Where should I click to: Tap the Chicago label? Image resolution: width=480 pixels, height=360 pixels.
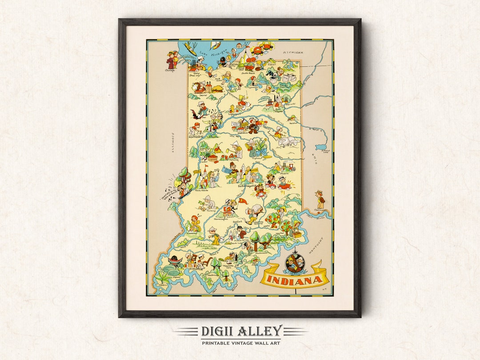pyautogui.click(x=170, y=70)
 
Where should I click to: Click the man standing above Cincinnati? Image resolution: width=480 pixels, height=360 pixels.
pyautogui.click(x=319, y=198)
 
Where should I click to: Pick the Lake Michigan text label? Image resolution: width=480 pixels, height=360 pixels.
pyautogui.click(x=210, y=54)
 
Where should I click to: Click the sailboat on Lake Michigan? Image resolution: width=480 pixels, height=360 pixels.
pyautogui.click(x=216, y=44)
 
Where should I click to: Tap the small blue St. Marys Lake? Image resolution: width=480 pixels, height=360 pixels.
pyautogui.click(x=321, y=147)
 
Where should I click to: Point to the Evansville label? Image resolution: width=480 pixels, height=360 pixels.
pyautogui.click(x=197, y=269)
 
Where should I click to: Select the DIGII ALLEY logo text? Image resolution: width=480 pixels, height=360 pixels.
pyautogui.click(x=241, y=331)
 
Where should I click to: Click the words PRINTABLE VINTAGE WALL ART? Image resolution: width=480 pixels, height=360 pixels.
pyautogui.click(x=241, y=343)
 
